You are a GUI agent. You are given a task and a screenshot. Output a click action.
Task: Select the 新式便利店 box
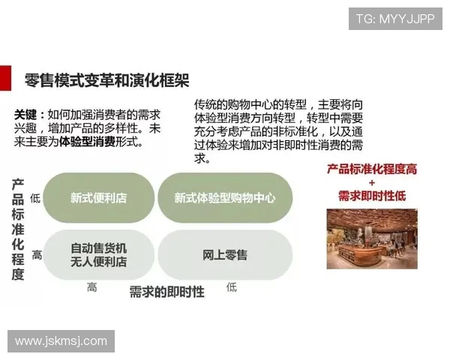point(98,198)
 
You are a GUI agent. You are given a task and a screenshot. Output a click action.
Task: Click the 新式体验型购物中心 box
point(224,198)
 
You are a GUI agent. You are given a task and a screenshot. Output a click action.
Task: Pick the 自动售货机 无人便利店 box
point(98,255)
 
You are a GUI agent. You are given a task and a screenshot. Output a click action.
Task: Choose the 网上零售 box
point(224,255)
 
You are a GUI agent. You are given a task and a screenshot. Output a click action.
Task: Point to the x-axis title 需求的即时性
point(166,292)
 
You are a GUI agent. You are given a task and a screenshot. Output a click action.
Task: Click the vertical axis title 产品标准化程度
point(17,229)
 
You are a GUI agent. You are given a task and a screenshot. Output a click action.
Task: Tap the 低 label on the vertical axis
point(36,199)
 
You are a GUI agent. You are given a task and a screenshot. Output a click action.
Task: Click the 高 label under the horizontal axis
point(91,286)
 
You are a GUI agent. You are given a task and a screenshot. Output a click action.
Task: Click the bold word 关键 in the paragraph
point(28,115)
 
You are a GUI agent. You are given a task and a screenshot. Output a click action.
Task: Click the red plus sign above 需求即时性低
point(371,182)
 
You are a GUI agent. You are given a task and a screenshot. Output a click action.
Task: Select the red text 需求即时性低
point(372,196)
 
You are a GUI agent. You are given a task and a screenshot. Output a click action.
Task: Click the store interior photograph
point(372,238)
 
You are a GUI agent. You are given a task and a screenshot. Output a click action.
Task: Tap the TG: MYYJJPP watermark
point(394,18)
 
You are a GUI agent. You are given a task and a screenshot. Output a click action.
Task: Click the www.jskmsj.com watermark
point(61,341)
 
